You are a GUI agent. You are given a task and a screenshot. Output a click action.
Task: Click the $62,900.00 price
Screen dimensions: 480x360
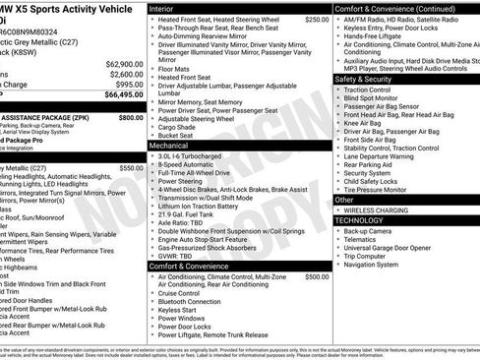point(119,64)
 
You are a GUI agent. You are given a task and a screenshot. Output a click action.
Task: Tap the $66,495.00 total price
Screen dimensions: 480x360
point(119,95)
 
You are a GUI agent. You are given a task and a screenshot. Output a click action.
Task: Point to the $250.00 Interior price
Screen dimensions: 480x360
point(316,19)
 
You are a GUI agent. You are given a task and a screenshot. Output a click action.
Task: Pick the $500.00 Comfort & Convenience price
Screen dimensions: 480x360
point(316,277)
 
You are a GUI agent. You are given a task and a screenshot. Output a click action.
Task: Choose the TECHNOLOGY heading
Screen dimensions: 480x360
point(360,220)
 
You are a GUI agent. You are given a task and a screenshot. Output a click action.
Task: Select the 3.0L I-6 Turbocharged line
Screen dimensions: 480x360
point(197,155)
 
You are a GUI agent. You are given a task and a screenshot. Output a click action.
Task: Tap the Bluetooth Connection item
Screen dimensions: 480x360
point(196,301)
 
